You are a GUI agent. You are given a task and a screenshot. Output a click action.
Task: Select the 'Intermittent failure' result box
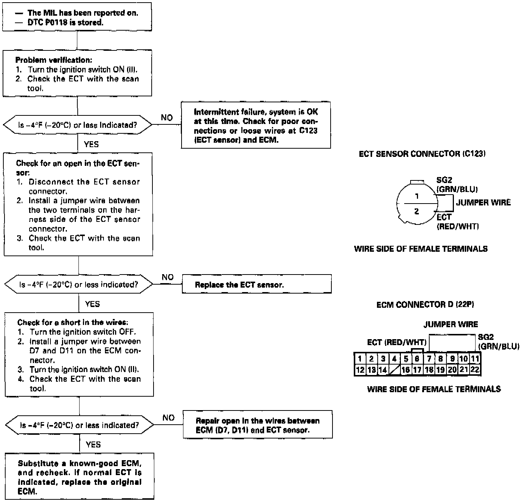(256, 125)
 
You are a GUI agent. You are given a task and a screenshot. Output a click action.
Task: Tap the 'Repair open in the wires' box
(257, 425)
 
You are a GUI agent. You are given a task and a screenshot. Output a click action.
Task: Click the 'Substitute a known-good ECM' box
(79, 477)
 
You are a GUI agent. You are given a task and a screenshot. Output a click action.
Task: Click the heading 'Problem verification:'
(53, 60)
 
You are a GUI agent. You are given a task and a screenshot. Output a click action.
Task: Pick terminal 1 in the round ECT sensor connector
(417, 196)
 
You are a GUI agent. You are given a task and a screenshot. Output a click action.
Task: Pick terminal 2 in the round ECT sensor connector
(417, 211)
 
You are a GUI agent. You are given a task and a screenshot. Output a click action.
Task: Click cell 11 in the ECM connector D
(475, 359)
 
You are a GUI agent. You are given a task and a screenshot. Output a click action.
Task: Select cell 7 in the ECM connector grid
(429, 359)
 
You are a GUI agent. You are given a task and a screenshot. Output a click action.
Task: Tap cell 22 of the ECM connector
(475, 370)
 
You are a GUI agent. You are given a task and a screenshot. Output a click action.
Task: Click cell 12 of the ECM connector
(360, 370)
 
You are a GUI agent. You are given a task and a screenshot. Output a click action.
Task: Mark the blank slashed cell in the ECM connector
(394, 370)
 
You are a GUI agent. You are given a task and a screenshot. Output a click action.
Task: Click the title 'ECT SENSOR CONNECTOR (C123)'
(422, 154)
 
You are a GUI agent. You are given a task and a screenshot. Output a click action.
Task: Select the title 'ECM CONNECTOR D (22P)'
(425, 305)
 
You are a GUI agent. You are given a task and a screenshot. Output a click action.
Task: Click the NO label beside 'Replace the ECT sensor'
(168, 278)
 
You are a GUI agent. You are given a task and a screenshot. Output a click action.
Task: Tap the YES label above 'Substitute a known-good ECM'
(93, 444)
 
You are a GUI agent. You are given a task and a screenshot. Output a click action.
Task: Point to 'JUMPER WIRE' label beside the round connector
(483, 202)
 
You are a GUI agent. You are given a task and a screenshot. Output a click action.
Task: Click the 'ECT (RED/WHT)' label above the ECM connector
(397, 343)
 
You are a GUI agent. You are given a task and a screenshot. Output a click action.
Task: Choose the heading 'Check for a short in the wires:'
(73, 322)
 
